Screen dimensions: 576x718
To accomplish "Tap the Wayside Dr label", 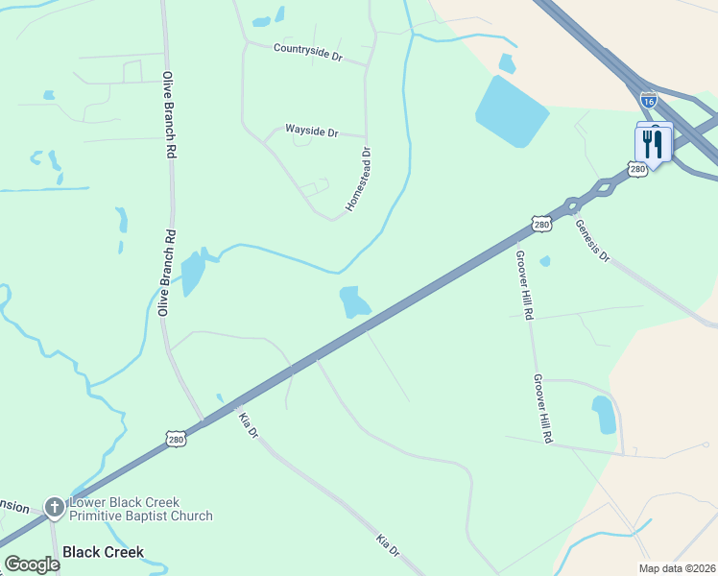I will point(312,131).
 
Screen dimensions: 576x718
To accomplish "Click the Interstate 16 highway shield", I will point(649,100).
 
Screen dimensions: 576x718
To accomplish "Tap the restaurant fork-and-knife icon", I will point(653,144).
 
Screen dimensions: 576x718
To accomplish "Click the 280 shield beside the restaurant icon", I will point(638,169).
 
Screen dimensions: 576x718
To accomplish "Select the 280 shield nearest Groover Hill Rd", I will point(542,225).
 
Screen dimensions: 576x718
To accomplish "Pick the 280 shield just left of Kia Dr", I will point(175,440).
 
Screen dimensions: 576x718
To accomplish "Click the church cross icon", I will point(55,507).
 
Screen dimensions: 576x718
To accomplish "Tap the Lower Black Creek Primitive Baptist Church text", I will point(141,509).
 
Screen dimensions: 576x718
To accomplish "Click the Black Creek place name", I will point(103,552).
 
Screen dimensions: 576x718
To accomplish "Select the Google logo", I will point(32,564).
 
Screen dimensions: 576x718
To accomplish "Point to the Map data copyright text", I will point(678,567).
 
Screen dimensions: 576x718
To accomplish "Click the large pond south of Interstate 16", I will point(512,110).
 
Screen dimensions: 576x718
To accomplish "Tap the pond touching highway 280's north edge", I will point(353,302).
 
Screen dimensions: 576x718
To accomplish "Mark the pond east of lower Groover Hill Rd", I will point(605,414).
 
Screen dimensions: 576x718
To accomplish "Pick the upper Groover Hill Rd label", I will point(523,284).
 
